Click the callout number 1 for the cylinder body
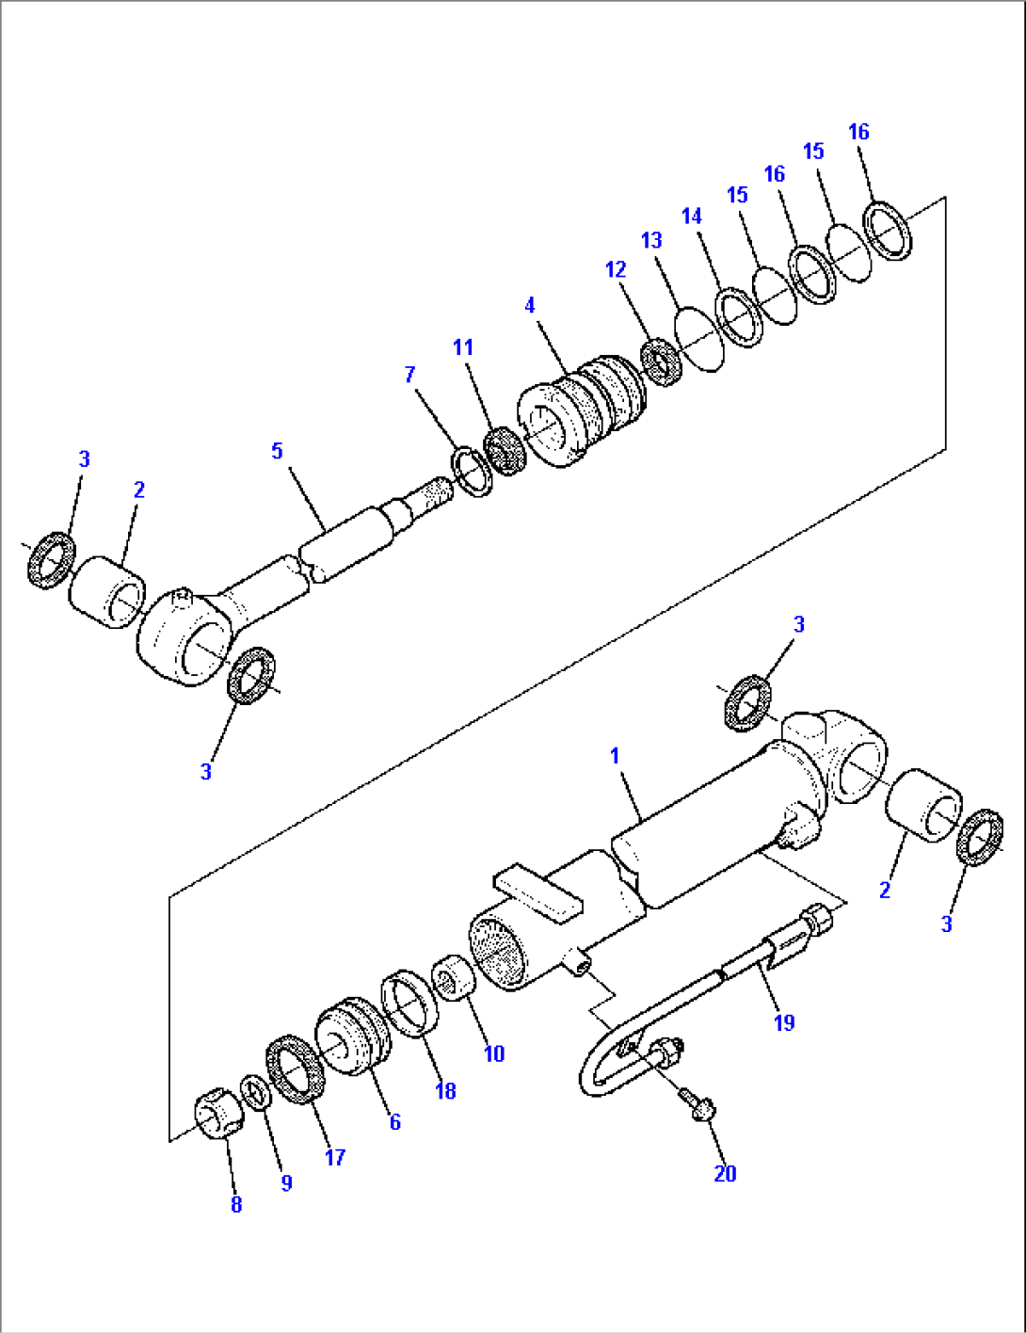(x=615, y=756)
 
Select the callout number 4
(x=530, y=305)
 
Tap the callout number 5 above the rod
(x=277, y=451)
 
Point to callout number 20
(x=725, y=1173)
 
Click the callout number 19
(x=784, y=1022)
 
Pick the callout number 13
(x=651, y=241)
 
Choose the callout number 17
(x=335, y=1157)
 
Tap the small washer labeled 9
(x=254, y=1092)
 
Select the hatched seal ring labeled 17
(x=297, y=1069)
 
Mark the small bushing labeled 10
(x=454, y=981)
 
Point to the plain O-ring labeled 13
(x=700, y=338)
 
